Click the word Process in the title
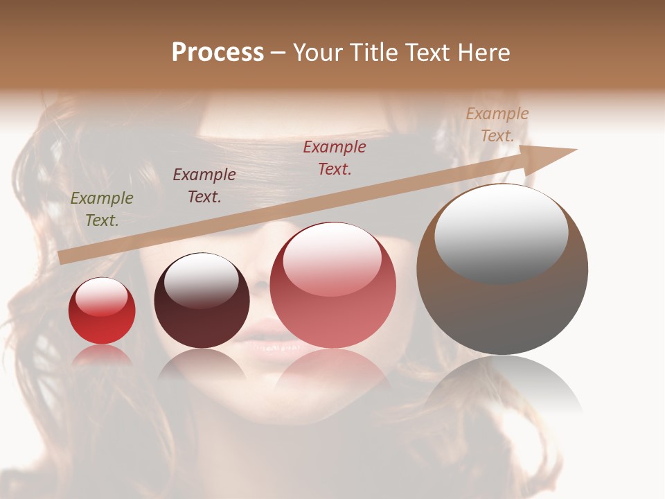pos(218,53)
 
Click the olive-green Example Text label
pos(102,209)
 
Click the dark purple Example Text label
pos(204,186)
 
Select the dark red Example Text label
pos(335,158)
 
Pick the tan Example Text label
pos(497,125)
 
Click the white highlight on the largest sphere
pos(501,232)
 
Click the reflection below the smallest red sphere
pos(102,355)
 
